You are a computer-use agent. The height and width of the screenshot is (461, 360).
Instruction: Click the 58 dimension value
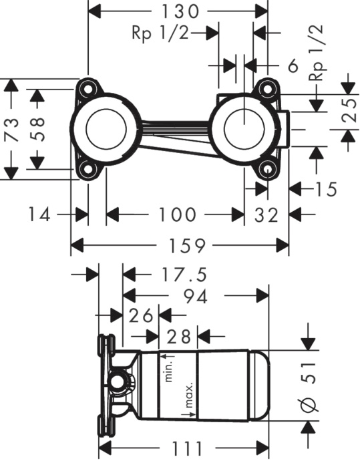[x=37, y=128]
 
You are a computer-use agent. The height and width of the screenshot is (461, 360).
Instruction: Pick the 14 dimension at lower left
[x=38, y=214]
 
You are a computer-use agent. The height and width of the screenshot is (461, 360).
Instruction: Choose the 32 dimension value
[x=266, y=214]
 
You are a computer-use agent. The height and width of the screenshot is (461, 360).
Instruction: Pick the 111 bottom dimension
[x=182, y=448]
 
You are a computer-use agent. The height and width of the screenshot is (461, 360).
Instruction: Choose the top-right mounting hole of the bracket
[x=267, y=88]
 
